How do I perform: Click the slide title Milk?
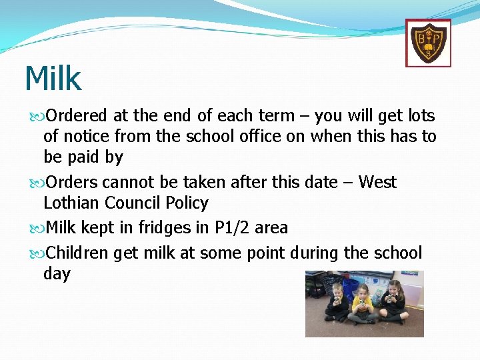coord(53,79)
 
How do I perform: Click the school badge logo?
coord(428,43)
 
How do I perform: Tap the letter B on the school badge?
coord(421,39)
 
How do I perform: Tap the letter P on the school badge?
coord(436,39)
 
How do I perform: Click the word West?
coord(377,182)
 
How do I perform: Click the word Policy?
coord(187,203)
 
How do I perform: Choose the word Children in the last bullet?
coord(78,253)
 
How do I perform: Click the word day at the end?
coord(57,274)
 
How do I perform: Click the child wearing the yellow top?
coord(363,303)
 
